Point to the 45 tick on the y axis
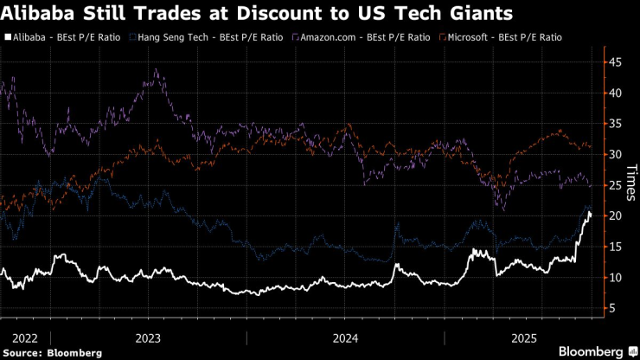click(614, 62)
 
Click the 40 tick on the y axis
click(614, 93)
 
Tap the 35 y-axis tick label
click(614, 124)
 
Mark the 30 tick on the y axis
click(614, 155)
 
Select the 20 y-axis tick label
click(614, 216)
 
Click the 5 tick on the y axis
click(611, 308)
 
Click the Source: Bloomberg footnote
click(51, 352)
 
